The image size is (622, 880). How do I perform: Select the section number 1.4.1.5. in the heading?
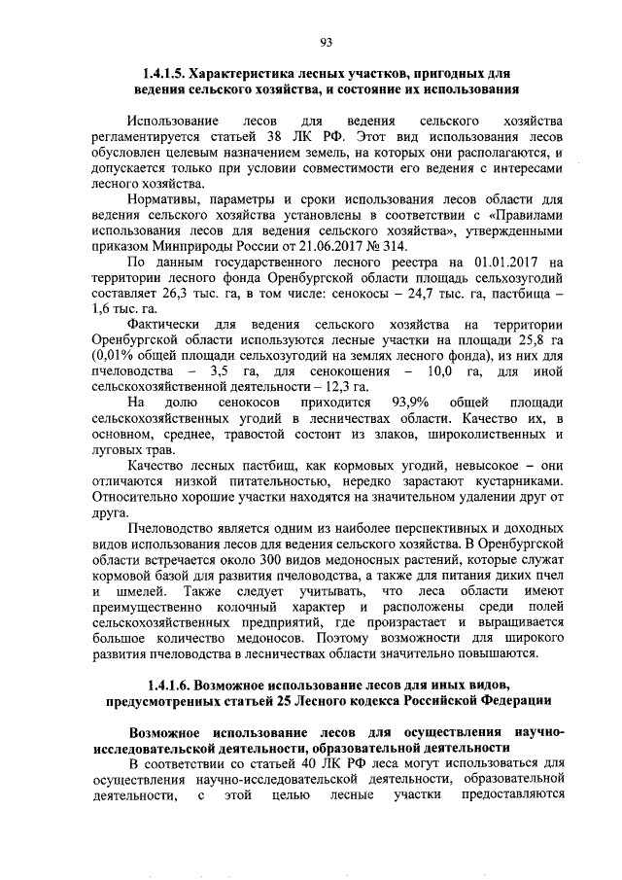[x=163, y=74]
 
